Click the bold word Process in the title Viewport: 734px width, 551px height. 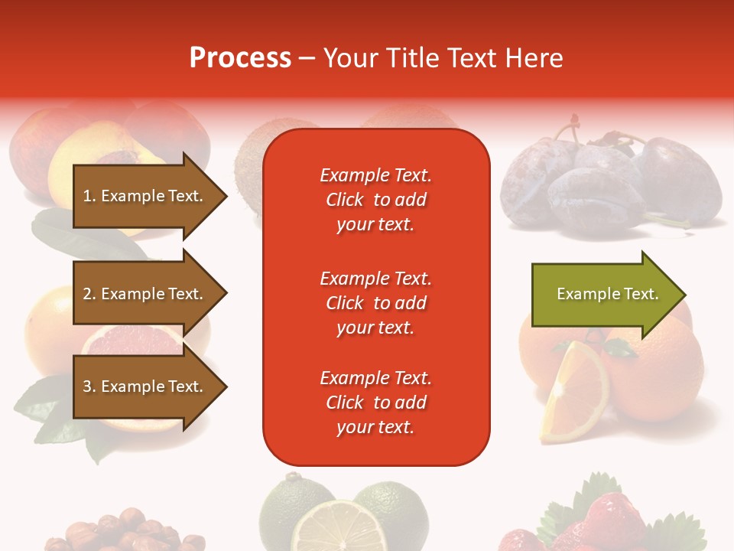tap(240, 58)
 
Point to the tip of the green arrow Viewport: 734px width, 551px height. tap(684, 295)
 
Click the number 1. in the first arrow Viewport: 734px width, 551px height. tap(89, 196)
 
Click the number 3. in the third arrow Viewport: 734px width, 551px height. tap(89, 386)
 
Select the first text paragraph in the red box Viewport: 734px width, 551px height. tap(375, 200)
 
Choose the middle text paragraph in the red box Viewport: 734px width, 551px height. tap(375, 303)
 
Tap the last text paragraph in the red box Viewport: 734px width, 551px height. tap(375, 403)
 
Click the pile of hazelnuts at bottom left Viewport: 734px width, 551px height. tap(122, 532)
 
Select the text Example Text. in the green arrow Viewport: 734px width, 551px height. tap(607, 294)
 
